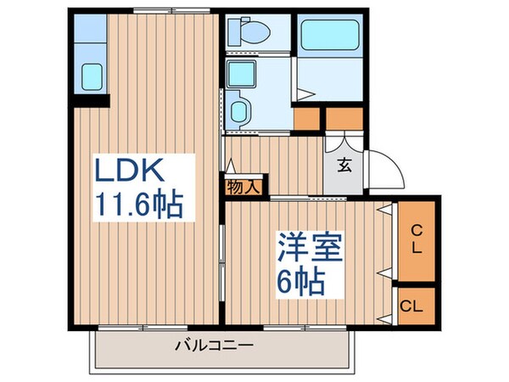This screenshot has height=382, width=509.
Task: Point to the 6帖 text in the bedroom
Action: coord(300,282)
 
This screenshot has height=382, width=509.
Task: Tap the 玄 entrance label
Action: coord(345,166)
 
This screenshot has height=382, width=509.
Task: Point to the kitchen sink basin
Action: coord(92,76)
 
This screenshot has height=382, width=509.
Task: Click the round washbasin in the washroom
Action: coord(238,109)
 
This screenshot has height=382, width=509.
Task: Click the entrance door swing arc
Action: coord(390,170)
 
